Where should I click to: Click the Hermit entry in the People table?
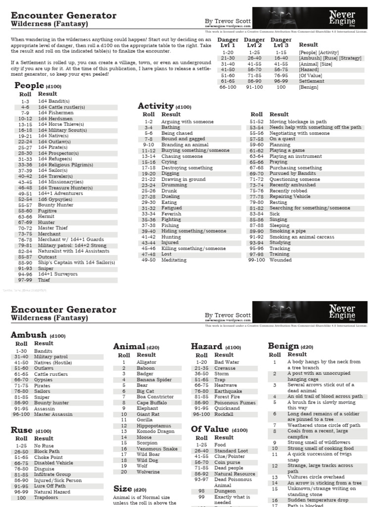pos(46,216)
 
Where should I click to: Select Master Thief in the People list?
pos(52,228)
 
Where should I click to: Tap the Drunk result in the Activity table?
pos(169,191)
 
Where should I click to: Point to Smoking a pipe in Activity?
pos(287,231)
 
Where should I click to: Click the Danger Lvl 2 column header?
pos(254,43)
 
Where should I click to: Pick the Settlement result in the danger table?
pos(311,81)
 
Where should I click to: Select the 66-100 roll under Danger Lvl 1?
pos(228,87)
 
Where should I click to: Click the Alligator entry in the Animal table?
pos(146,362)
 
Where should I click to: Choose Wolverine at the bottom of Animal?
pos(148,472)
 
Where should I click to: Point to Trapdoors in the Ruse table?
pos(46,498)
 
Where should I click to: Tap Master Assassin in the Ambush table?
pos(53,414)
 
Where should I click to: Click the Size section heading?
pos(122,489)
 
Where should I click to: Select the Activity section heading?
pos(155,106)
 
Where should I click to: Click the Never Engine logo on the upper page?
pos(343,18)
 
